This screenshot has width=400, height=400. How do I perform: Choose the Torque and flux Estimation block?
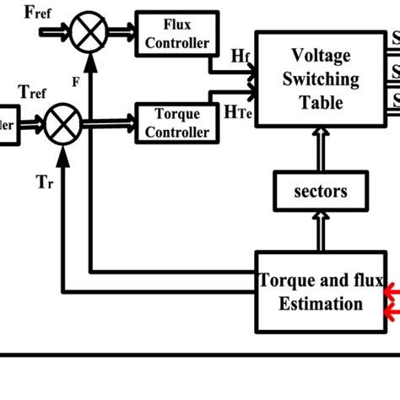click(321, 292)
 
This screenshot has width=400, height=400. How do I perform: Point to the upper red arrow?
click(392, 292)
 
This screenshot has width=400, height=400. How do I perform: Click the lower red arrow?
click(392, 313)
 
